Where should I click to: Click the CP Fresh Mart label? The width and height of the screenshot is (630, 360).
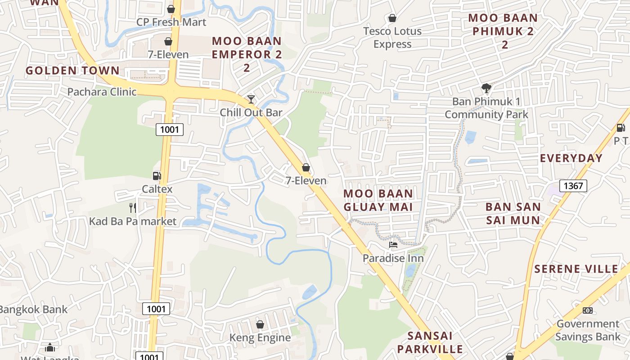(171, 22)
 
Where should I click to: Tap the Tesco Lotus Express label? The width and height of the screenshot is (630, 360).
(392, 37)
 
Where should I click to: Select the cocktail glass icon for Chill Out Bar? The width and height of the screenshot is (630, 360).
(251, 99)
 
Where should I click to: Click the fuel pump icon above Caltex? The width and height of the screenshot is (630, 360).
(157, 175)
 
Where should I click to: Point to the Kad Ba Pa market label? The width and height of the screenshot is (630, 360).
(133, 221)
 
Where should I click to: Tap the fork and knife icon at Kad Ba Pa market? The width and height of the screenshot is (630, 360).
(133, 207)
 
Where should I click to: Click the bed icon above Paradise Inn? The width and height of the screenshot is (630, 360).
(393, 245)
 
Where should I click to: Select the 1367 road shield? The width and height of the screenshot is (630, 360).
(573, 185)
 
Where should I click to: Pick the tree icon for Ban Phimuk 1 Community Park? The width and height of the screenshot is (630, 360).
(486, 88)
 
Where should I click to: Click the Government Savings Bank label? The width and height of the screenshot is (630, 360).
(588, 330)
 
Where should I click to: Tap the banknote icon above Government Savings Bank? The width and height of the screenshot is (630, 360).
(588, 310)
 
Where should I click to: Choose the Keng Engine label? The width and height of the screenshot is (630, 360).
(260, 337)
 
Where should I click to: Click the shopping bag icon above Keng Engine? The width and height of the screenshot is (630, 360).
(260, 324)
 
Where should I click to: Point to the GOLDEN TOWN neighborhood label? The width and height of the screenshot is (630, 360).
(72, 71)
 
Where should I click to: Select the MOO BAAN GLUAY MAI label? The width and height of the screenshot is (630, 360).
(378, 200)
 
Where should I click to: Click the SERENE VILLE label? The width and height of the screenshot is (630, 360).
(576, 269)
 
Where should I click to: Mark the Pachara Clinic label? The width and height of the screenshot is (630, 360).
(102, 92)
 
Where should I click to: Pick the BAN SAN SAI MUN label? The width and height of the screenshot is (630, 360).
(513, 213)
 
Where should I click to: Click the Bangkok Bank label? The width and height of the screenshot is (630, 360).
(33, 309)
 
